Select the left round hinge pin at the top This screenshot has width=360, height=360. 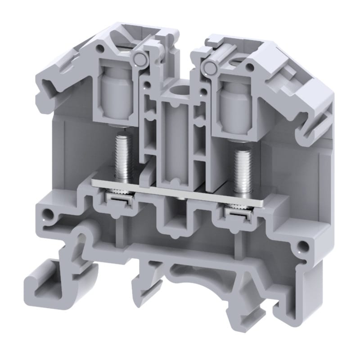pos(139,58)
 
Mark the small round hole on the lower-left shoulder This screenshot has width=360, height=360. pos(45,212)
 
